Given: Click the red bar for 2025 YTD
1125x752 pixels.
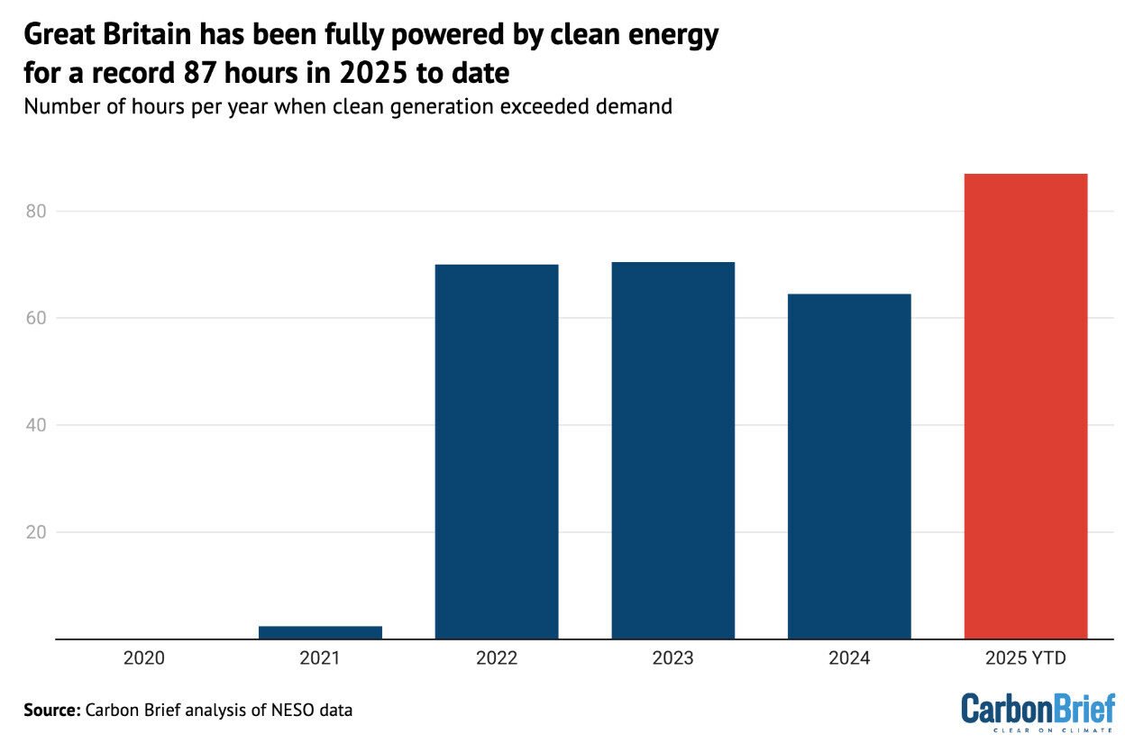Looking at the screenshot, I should tap(1025, 406).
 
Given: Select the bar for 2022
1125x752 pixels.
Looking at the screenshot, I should tap(496, 451).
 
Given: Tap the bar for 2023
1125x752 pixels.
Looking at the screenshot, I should tap(672, 450).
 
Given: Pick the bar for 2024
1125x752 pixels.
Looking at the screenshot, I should tap(848, 467).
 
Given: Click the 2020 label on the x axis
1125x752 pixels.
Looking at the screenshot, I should tap(144, 658).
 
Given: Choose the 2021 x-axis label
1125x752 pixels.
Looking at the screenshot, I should tap(320, 658).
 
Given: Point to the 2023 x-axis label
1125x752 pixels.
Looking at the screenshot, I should tap(672, 658).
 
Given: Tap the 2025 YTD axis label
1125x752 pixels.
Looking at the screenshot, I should tap(1025, 658).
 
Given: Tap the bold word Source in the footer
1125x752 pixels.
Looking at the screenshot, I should tap(51, 710).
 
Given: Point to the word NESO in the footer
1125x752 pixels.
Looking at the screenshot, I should tap(287, 710).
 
